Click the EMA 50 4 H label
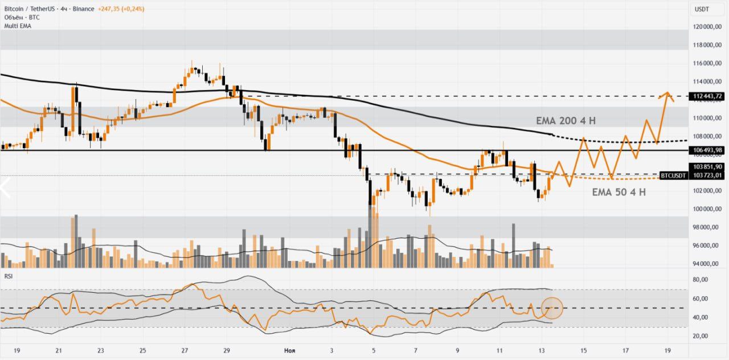click(x=619, y=193)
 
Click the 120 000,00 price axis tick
click(x=707, y=27)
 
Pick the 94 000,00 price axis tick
click(x=707, y=264)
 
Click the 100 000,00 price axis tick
click(x=707, y=209)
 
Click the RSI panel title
click(x=9, y=276)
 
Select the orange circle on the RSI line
click(x=552, y=308)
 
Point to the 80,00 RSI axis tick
click(x=701, y=280)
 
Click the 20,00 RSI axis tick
click(x=701, y=336)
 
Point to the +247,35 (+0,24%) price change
click(x=121, y=9)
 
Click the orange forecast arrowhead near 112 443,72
click(x=666, y=93)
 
